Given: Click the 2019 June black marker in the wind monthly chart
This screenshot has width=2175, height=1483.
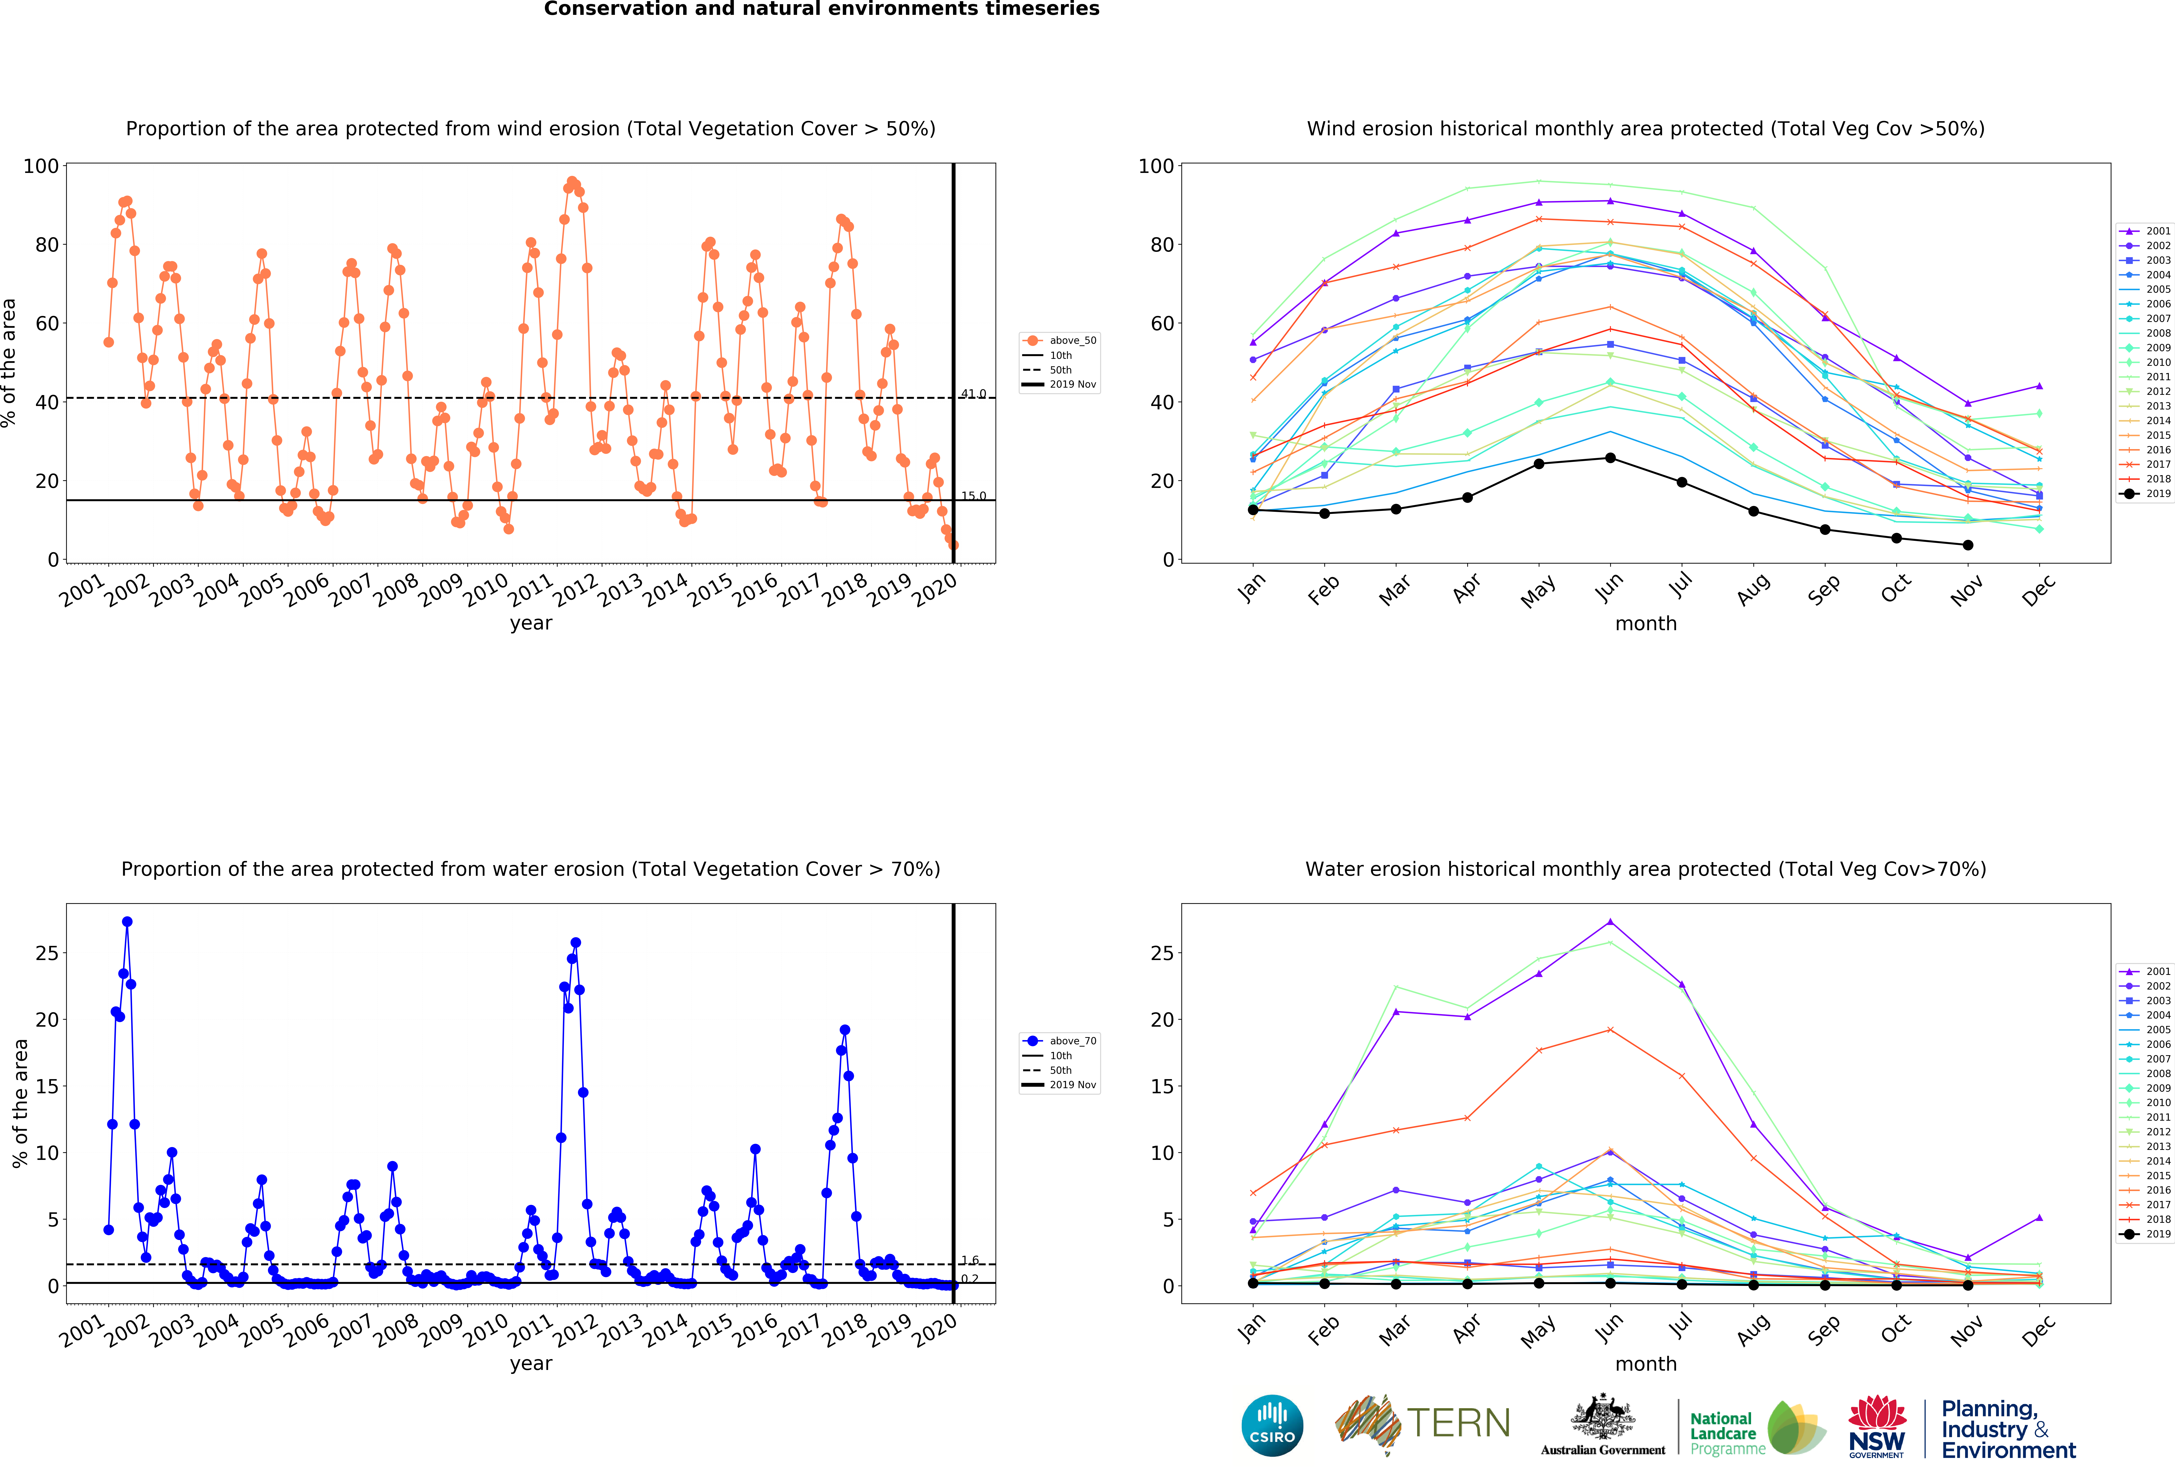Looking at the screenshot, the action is point(1610,458).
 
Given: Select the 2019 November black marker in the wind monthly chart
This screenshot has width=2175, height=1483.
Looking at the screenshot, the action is point(1967,545).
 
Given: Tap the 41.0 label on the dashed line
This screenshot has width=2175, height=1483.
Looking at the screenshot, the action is point(973,394).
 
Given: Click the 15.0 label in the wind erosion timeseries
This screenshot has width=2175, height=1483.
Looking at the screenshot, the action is point(973,496).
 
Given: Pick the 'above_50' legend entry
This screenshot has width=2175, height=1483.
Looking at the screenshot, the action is point(1060,341).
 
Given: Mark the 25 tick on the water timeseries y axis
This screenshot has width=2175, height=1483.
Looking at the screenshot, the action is point(47,953).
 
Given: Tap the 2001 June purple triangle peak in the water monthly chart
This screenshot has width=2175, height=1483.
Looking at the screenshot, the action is point(1610,921).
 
